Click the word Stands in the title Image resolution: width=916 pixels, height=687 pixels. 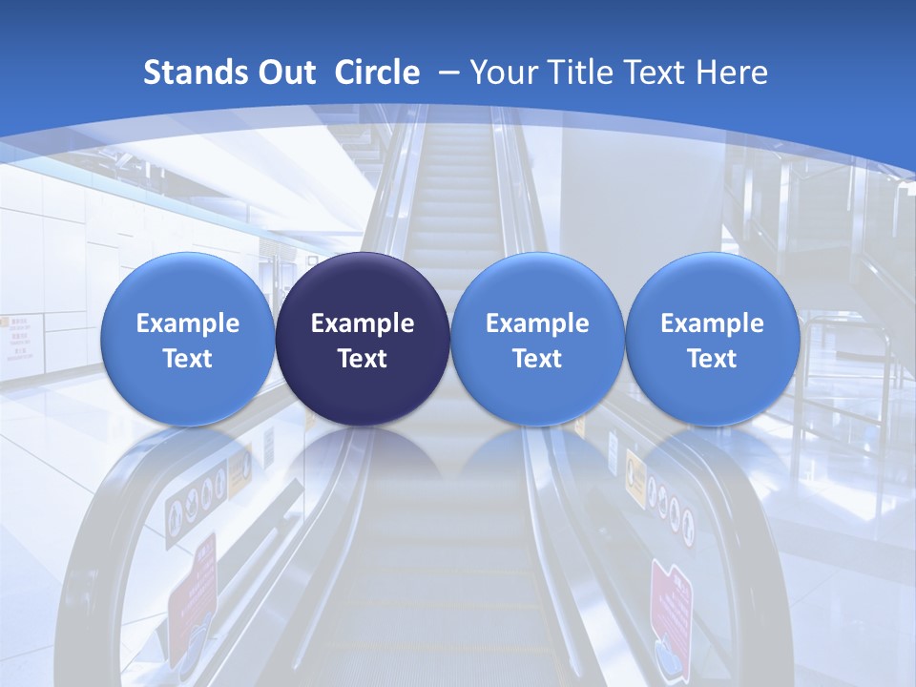185,73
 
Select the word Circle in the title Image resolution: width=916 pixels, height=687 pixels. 376,73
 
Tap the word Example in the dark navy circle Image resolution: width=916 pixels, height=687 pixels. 363,323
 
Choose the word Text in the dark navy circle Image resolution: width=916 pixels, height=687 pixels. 363,360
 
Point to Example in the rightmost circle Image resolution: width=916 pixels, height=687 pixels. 712,323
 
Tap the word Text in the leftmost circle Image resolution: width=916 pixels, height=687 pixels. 187,360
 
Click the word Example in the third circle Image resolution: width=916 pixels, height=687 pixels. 537,323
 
